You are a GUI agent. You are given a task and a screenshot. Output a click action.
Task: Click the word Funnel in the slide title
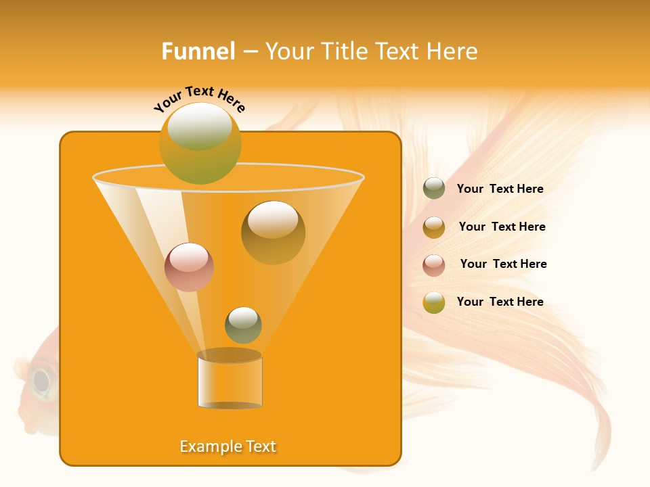pos(198,51)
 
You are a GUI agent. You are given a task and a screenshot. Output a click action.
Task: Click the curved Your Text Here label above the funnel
pos(200,98)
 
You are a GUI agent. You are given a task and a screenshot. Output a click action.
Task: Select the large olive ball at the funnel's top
pos(200,143)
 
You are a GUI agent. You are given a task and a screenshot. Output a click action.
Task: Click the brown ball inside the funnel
pos(273,232)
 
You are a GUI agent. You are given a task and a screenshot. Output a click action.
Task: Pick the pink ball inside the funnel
pos(189,267)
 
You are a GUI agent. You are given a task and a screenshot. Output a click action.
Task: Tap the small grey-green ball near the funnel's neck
pos(243,325)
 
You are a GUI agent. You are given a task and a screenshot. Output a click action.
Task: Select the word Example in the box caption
pos(210,446)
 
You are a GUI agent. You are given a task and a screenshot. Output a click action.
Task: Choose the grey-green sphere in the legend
pos(434,189)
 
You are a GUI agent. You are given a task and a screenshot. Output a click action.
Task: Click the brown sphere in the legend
pos(434,227)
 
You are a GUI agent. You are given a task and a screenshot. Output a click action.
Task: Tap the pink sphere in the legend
pos(434,265)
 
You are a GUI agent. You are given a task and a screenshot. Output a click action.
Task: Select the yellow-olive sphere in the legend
pos(434,302)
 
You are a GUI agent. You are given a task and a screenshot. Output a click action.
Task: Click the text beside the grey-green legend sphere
pos(500,189)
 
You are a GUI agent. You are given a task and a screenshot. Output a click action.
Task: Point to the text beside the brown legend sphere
pos(502,227)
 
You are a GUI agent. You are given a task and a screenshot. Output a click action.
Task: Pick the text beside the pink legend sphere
pos(503,264)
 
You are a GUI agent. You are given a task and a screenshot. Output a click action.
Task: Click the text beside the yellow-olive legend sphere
pos(500,302)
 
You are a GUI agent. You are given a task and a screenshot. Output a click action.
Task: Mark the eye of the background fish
pos(42,381)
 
